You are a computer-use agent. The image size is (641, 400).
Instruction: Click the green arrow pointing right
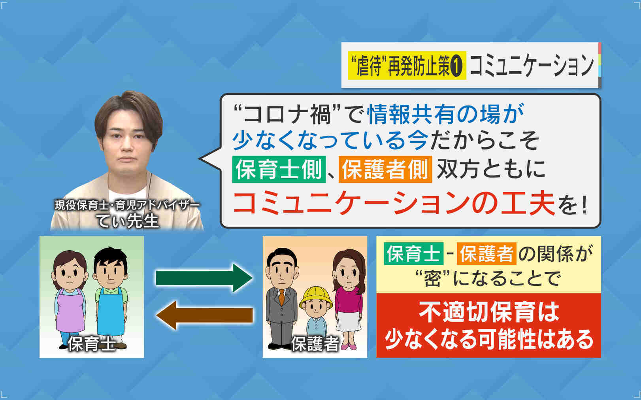(x=204, y=278)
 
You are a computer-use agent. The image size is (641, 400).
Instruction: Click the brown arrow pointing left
(x=205, y=315)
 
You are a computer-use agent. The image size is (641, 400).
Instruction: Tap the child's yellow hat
(x=316, y=297)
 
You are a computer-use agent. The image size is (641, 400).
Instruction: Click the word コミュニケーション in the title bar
(x=532, y=66)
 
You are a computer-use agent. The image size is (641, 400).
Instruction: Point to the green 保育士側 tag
(x=279, y=170)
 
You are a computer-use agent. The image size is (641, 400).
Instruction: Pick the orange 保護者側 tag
(x=385, y=170)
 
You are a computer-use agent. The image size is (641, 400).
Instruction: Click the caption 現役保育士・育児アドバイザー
(x=127, y=205)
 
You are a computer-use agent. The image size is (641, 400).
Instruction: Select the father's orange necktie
(x=282, y=297)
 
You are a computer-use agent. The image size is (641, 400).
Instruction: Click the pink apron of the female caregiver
(x=70, y=310)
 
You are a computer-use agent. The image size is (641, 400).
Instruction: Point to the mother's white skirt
(x=348, y=322)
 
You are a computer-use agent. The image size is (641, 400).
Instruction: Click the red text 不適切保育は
(x=489, y=312)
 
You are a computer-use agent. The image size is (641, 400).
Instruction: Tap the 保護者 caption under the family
(x=315, y=343)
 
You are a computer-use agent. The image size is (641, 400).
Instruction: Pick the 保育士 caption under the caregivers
(x=92, y=343)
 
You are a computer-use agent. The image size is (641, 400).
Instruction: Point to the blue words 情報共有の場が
(x=445, y=114)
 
